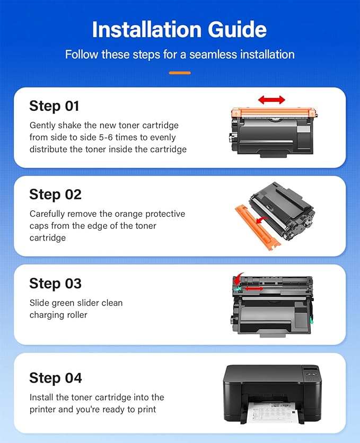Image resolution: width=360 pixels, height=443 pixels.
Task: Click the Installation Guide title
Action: point(180,30)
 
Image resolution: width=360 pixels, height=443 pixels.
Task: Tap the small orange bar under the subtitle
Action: point(180,73)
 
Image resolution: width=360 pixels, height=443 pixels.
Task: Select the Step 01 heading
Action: point(54,106)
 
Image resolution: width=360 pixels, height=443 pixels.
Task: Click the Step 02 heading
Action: point(55,194)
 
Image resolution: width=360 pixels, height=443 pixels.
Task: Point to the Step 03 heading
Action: point(55,283)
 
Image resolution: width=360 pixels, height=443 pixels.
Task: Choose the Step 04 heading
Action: point(56,378)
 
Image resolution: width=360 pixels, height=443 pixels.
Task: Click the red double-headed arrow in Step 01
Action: point(271,100)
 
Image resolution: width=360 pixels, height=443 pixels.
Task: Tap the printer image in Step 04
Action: point(271,392)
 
